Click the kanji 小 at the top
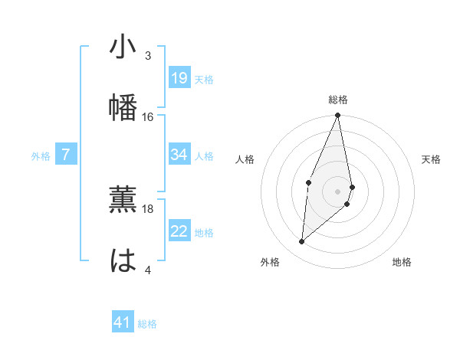tap(123, 47)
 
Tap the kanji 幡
tap(123, 105)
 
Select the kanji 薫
tap(123, 198)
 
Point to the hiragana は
tap(123, 260)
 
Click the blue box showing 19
tap(179, 78)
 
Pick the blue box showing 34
tap(179, 155)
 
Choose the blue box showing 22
tap(179, 231)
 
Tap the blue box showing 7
tap(66, 155)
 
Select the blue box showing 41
tap(123, 322)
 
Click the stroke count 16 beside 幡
tap(148, 116)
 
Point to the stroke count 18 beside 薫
tap(148, 208)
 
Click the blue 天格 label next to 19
tap(204, 80)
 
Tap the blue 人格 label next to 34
tap(204, 156)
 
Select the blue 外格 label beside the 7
tap(41, 156)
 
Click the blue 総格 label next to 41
tap(147, 324)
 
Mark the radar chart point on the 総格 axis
tap(337, 116)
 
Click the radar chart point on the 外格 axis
tap(302, 242)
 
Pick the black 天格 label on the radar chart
tap(432, 159)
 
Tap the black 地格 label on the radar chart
tap(402, 262)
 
